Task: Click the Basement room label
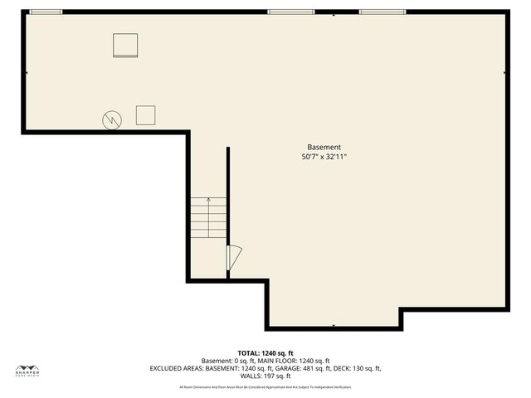point(324,147)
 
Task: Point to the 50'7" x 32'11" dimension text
point(324,156)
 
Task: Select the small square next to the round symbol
point(146,114)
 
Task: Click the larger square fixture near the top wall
point(126,45)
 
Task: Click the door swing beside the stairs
point(234,257)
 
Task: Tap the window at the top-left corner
point(45,12)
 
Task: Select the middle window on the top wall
point(290,12)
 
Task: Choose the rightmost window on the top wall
point(382,12)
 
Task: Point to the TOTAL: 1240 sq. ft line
point(265,352)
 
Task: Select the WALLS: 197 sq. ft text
point(265,376)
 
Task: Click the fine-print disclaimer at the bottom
point(265,387)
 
